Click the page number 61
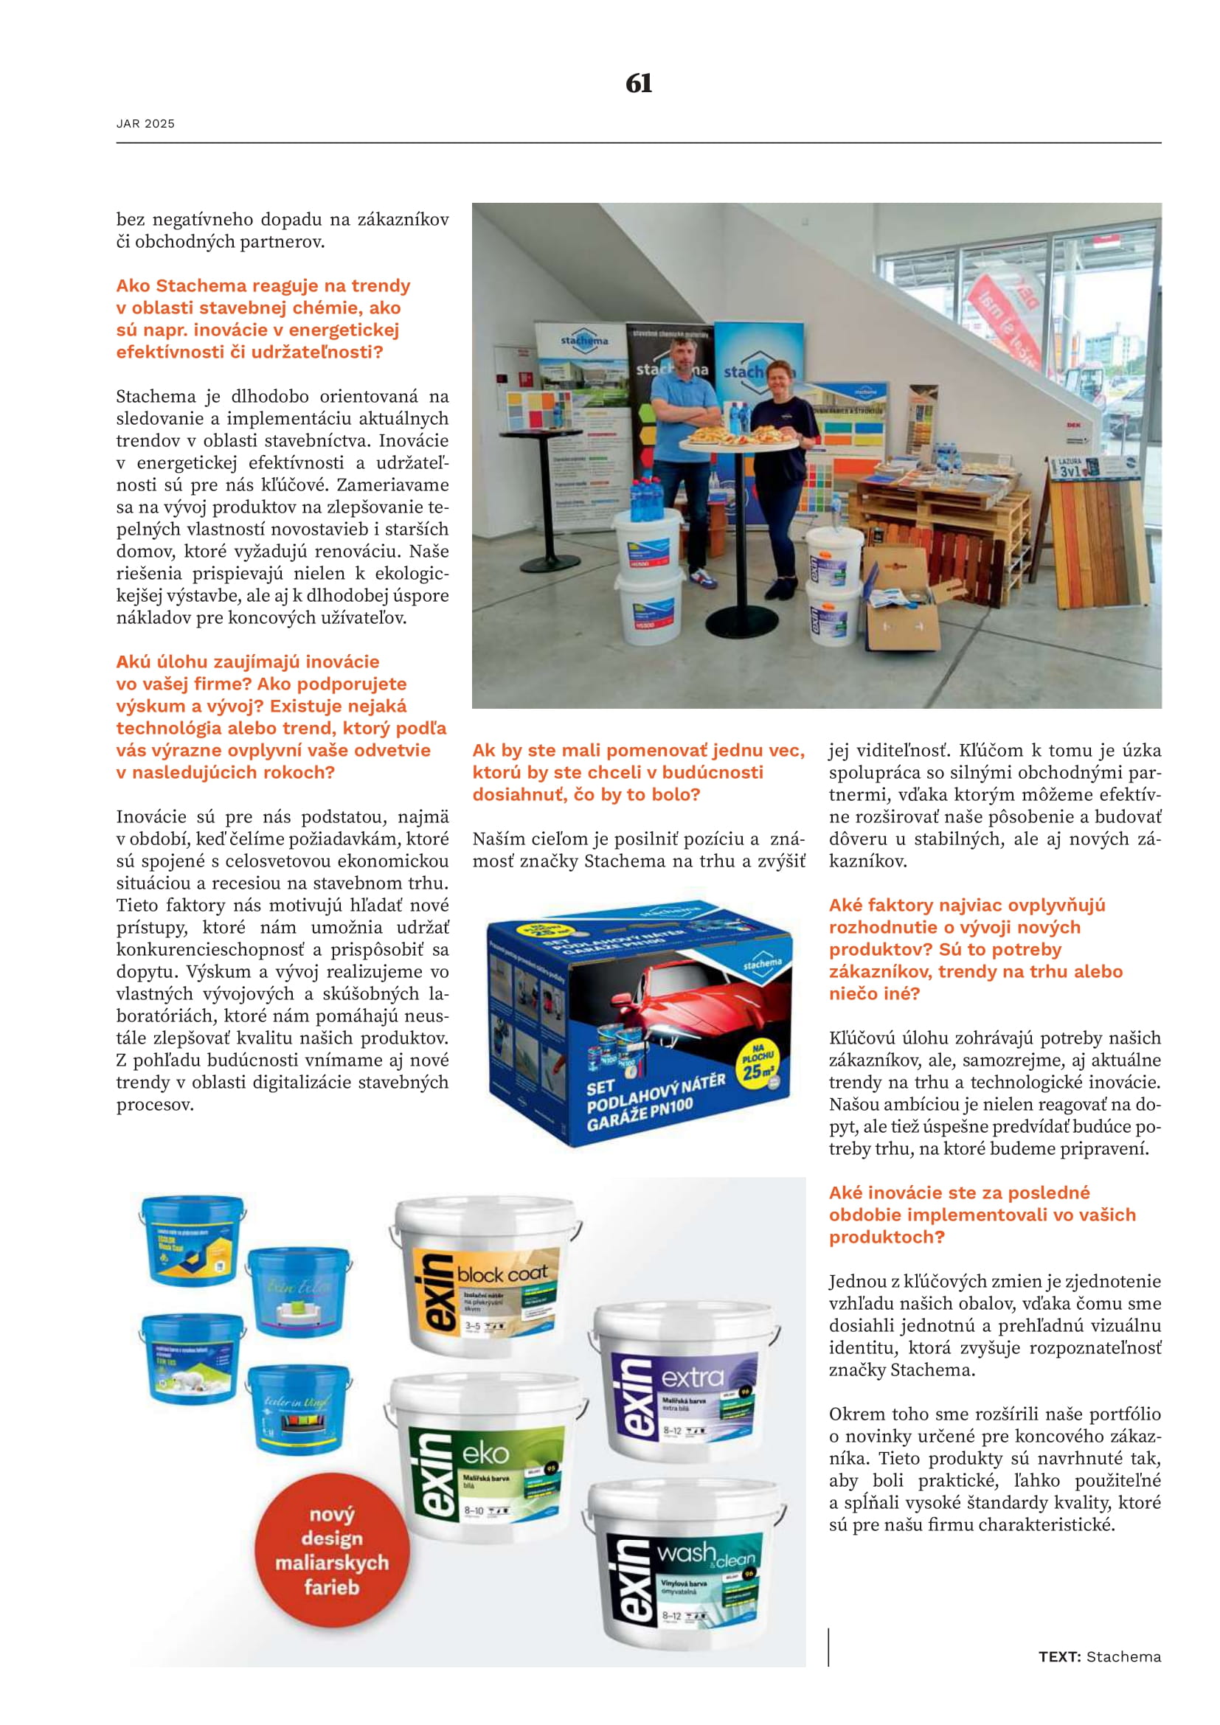coord(639,83)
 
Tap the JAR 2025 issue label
coord(145,124)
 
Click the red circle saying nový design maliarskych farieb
coord(332,1551)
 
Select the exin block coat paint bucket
coord(485,1274)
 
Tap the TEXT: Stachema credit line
coord(1099,1656)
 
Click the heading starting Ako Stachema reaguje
coord(263,319)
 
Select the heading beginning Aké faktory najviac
coord(975,949)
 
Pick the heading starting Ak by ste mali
coord(638,772)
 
